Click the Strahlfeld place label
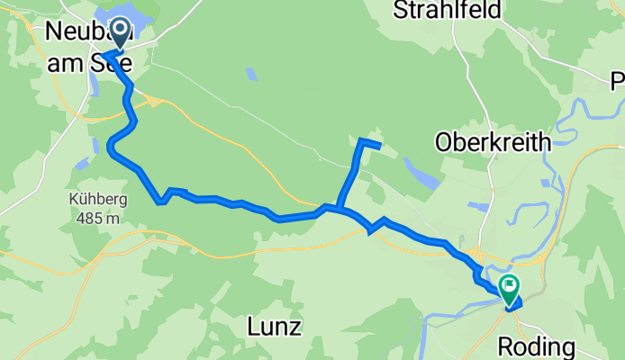pos(439,11)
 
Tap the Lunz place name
pos(274,327)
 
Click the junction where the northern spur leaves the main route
pos(338,209)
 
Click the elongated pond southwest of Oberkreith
pos(420,172)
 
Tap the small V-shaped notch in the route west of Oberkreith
pos(372,232)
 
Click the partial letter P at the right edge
pos(617,78)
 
